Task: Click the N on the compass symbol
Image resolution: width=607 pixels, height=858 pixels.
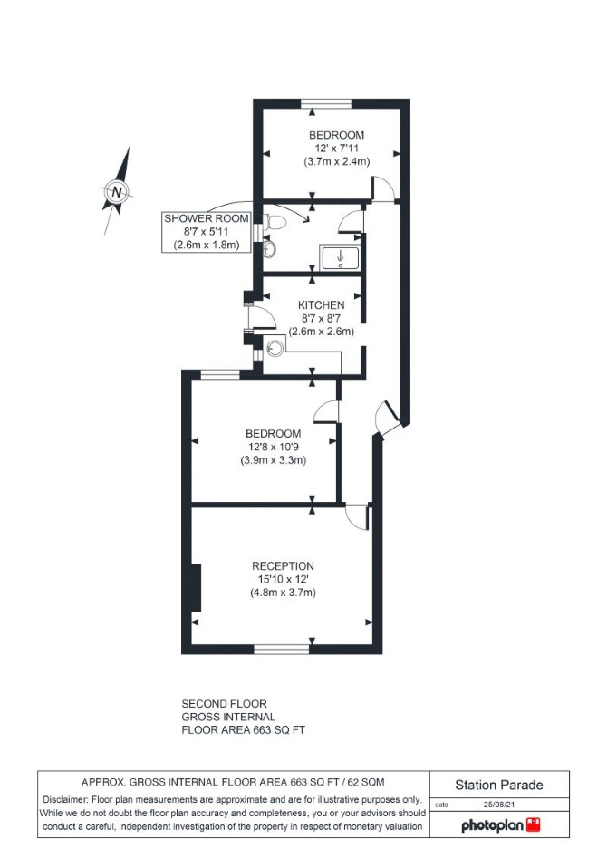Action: tap(117, 192)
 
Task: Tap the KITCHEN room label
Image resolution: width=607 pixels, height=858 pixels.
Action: tap(322, 304)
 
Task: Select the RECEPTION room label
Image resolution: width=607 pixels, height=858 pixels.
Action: tap(283, 565)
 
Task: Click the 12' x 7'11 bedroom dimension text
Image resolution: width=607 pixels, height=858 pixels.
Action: tap(337, 149)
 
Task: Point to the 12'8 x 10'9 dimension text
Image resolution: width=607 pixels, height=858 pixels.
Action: tap(273, 447)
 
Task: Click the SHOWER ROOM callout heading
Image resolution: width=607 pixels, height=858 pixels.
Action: tap(207, 218)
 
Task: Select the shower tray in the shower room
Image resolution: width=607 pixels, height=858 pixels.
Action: tap(340, 257)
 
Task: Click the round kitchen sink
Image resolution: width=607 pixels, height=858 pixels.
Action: tap(275, 347)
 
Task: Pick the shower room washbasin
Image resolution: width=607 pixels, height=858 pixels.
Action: tap(270, 248)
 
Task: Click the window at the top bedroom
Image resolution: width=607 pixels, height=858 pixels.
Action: tap(326, 103)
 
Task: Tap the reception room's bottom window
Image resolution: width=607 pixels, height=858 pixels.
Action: tap(282, 649)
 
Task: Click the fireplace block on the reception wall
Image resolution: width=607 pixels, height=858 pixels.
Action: tap(197, 588)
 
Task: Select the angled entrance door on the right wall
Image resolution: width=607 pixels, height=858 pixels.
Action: tap(390, 419)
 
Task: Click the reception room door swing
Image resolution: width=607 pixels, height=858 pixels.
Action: tap(357, 516)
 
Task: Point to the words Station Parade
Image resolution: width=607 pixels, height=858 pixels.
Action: tap(499, 786)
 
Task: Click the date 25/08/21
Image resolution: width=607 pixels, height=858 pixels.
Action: tap(498, 805)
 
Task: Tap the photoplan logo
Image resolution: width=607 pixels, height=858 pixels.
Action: tap(501, 824)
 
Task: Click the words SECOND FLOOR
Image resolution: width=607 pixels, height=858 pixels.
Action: tap(225, 704)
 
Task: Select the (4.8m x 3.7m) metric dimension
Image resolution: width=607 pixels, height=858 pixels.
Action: tap(283, 592)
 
